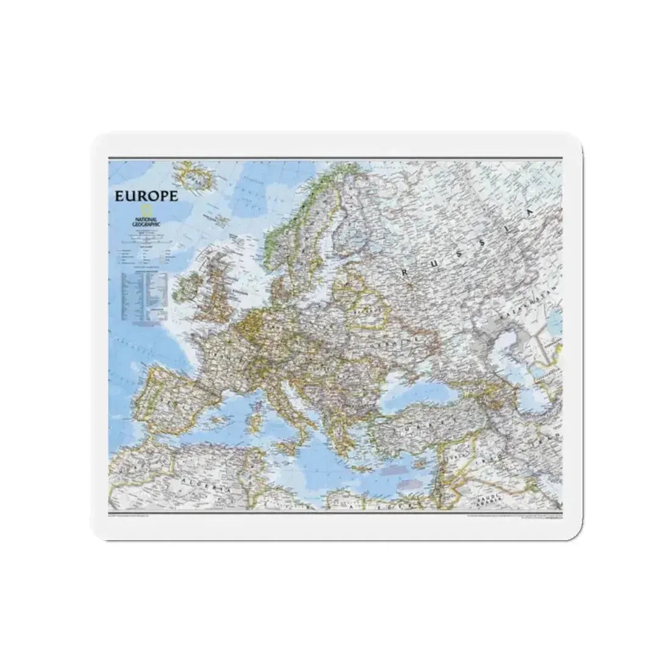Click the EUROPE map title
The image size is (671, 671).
coord(145,196)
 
